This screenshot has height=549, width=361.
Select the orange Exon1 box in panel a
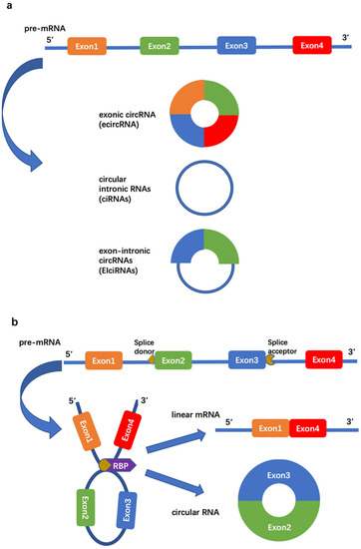coord(87,46)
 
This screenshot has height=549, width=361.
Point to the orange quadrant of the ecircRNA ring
coord(185,93)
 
